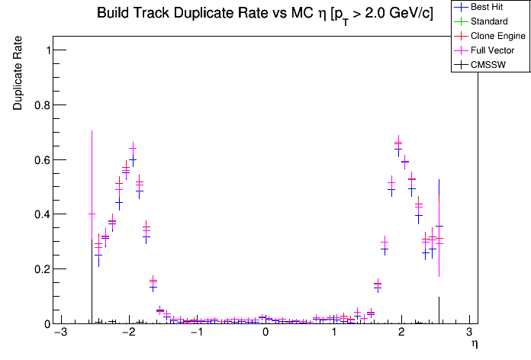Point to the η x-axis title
tap(474, 345)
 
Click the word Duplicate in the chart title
tap(202, 14)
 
